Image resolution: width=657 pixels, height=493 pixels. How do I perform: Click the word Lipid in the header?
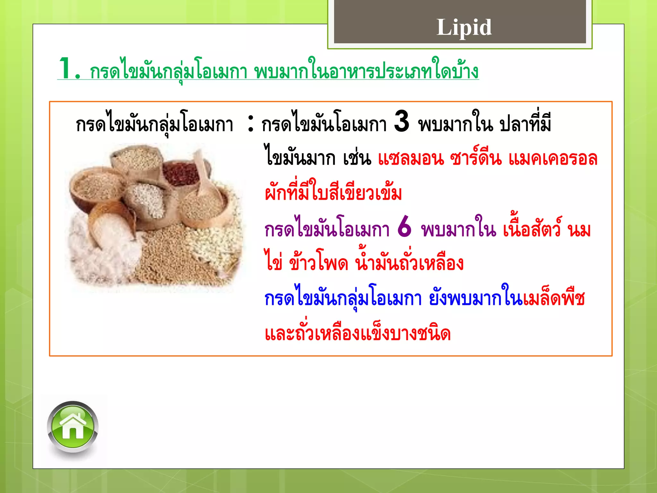tap(464, 27)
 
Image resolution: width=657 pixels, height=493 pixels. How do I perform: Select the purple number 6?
tap(404, 227)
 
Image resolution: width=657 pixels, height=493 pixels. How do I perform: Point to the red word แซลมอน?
tap(411, 159)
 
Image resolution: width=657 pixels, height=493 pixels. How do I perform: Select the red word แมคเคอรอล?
tap(553, 159)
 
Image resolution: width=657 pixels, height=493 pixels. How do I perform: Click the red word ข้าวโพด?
tap(319, 263)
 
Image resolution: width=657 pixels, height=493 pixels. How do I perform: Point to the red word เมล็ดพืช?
tap(554, 298)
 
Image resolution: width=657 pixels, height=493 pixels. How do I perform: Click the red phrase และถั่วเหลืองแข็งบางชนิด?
tap(358, 333)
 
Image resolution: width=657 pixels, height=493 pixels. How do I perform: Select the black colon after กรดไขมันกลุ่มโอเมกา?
tap(251, 124)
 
